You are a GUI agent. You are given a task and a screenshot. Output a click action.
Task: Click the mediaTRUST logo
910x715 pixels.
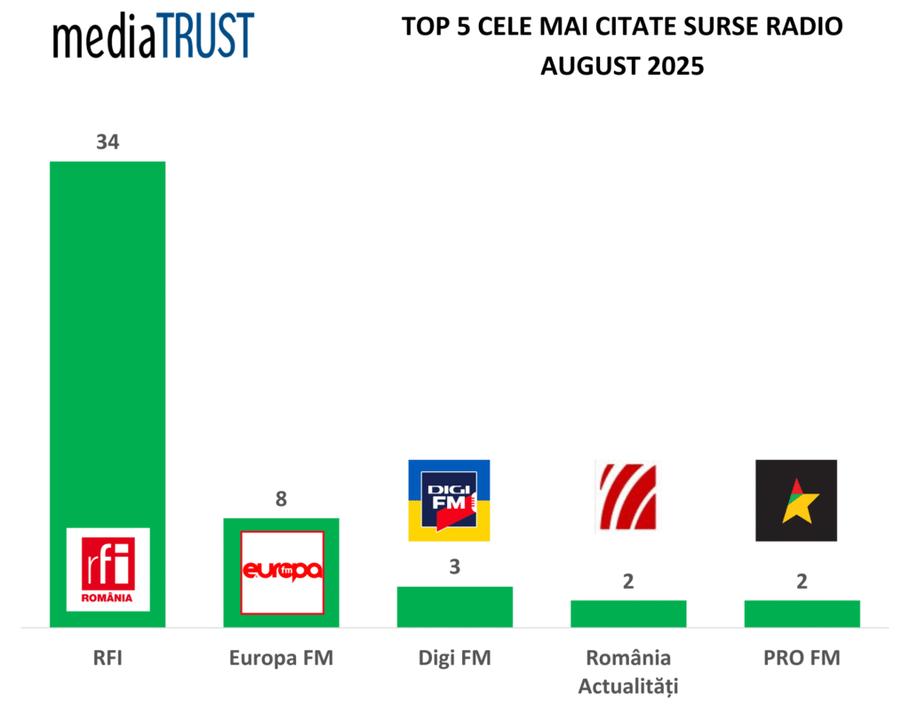click(153, 37)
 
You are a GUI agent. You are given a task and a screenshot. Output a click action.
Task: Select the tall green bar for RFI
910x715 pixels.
click(108, 338)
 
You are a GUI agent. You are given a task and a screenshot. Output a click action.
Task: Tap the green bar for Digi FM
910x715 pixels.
click(454, 607)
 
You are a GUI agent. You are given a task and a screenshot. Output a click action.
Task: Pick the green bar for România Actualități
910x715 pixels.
click(628, 614)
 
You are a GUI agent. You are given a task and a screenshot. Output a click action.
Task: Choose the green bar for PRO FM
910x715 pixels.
click(802, 614)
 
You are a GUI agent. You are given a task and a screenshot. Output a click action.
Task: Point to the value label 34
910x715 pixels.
click(108, 142)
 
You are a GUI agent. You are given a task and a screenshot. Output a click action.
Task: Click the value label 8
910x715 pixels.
click(281, 499)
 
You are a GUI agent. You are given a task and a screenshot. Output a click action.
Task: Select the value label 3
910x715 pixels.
click(454, 567)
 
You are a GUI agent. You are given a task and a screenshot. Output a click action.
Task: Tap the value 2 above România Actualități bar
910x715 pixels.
click(628, 582)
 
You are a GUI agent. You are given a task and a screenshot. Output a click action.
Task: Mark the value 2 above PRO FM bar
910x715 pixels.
click(802, 582)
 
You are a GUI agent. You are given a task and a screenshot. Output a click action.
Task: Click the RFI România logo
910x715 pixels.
click(108, 569)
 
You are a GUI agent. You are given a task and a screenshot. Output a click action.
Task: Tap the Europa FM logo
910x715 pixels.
click(282, 572)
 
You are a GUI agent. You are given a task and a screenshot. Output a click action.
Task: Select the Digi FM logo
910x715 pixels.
click(449, 500)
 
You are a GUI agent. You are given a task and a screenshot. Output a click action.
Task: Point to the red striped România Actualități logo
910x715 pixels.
click(628, 498)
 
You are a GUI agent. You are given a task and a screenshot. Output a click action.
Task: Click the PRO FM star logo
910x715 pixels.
click(795, 500)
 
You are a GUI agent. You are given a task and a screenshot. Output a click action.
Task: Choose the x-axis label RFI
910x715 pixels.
click(108, 659)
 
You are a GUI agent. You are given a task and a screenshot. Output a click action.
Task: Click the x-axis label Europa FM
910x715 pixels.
click(281, 659)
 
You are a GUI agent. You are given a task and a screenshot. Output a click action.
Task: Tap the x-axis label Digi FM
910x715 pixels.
click(454, 659)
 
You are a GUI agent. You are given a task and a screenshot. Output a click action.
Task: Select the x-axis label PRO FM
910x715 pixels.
click(802, 659)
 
